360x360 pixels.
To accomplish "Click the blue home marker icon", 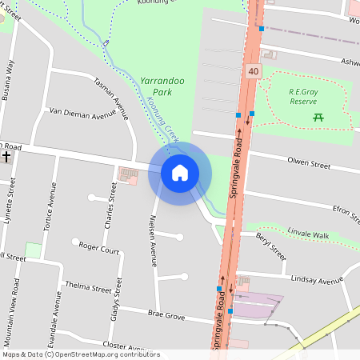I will pyautogui.click(x=180, y=173).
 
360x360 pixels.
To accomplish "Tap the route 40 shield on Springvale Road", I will pyautogui.click(x=254, y=72).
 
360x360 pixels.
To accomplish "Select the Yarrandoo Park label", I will pyautogui.click(x=157, y=86).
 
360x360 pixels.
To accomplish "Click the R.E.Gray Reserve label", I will pyautogui.click(x=305, y=96).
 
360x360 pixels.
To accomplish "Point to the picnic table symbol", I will pyautogui.click(x=318, y=118).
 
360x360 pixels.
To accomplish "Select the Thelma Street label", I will pyautogui.click(x=88, y=286).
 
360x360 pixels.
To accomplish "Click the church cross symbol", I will pyautogui.click(x=6, y=156).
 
